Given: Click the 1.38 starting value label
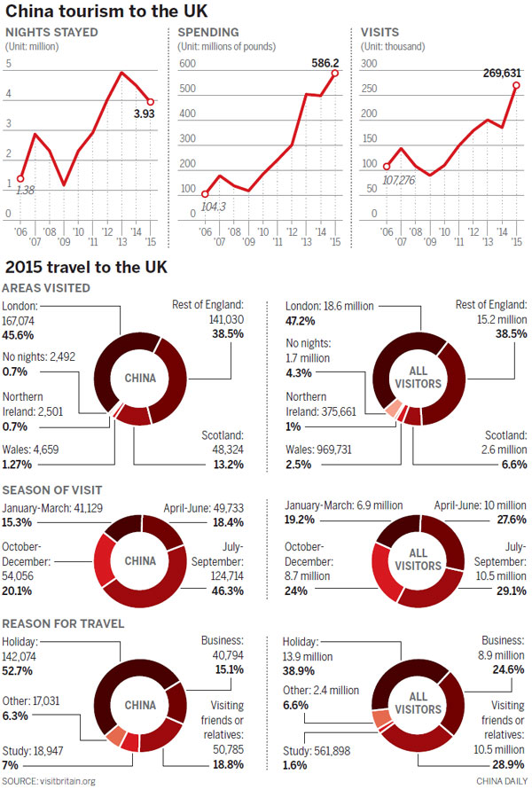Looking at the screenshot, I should point(27,190).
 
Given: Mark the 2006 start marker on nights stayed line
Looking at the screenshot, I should point(20,178).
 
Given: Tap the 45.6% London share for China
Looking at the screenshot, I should point(22,333).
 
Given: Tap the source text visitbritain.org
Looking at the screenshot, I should point(51,781).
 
